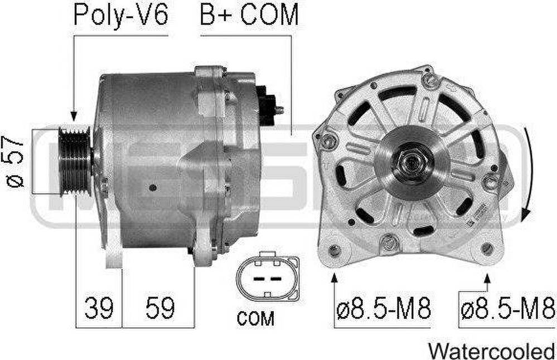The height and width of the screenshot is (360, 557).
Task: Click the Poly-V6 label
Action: coord(120,15)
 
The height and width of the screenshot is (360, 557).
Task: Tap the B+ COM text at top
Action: coord(249,15)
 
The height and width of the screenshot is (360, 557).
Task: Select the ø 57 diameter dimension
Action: coord(14,162)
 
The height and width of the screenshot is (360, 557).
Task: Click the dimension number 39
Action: coord(99,308)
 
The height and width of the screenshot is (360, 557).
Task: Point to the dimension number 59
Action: coord(160,308)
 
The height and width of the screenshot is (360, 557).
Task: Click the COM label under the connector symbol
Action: coord(255,318)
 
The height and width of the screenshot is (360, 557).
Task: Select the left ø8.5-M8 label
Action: coord(384,308)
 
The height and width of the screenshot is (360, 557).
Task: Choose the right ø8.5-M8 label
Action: coord(508,308)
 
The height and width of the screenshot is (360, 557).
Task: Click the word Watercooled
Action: coord(492,351)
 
